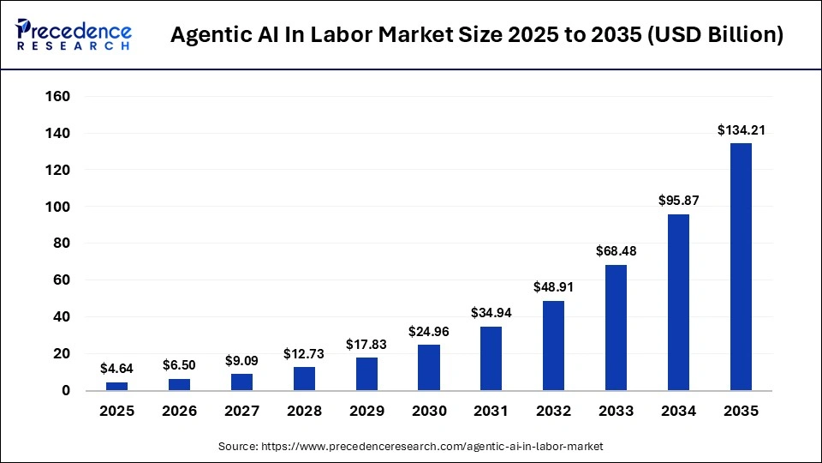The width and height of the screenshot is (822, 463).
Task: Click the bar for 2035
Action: pyautogui.click(x=741, y=267)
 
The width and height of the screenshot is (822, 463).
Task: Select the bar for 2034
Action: pyautogui.click(x=678, y=302)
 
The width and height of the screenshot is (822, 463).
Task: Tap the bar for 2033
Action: pyautogui.click(x=616, y=328)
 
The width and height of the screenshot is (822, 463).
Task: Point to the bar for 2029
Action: pyautogui.click(x=366, y=374)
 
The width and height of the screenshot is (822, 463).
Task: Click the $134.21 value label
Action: pyautogui.click(x=741, y=130)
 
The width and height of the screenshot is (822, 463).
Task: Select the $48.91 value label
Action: pyautogui.click(x=553, y=287)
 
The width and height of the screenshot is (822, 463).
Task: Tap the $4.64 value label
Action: pyautogui.click(x=117, y=369)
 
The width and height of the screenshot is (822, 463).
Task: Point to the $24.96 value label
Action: pyautogui.click(x=429, y=331)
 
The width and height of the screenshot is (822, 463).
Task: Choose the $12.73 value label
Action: pyautogui.click(x=304, y=353)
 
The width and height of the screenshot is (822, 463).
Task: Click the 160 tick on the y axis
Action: pyautogui.click(x=57, y=97)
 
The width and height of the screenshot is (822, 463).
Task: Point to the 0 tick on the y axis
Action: pyautogui.click(x=67, y=391)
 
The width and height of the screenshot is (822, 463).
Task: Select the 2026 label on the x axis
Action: pyautogui.click(x=180, y=412)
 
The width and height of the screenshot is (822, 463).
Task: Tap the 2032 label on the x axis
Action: pyautogui.click(x=553, y=412)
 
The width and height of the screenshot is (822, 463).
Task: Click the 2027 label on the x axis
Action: pyautogui.click(x=241, y=412)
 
